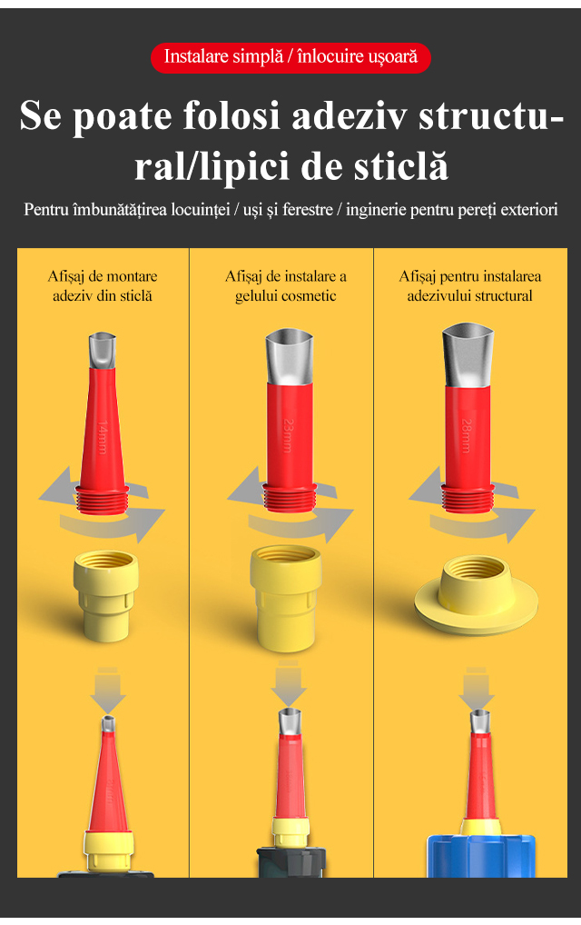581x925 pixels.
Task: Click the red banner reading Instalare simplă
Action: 290,57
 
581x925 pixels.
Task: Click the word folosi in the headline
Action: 231,115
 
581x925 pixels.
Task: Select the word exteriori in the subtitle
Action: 528,209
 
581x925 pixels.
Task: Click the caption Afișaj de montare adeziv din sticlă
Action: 103,286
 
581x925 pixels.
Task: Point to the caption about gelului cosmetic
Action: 286,286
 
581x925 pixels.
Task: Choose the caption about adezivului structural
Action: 469,286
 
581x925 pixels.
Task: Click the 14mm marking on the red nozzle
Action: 103,436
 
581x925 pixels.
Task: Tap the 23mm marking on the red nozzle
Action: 288,435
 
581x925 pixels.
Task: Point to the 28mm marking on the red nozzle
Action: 466,435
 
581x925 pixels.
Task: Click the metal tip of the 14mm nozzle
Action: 102,351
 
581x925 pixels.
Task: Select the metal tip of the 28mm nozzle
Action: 468,354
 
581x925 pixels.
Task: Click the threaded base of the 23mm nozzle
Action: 290,497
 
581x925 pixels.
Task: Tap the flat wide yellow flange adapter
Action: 476,596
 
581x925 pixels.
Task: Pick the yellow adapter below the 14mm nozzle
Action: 106,596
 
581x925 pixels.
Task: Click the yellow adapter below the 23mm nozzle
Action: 286,598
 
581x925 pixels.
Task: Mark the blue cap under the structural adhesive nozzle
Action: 481,855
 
